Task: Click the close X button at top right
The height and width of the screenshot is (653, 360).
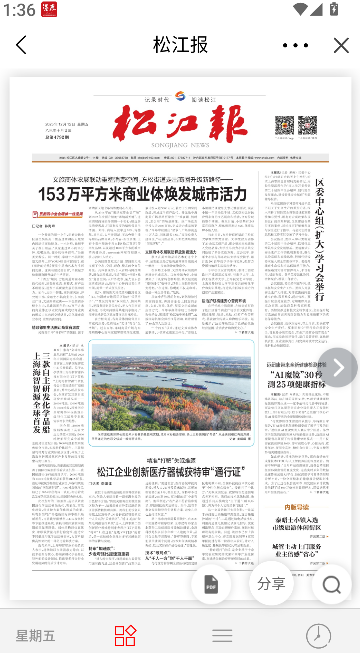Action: click(340, 45)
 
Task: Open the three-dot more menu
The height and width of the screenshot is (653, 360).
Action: click(296, 45)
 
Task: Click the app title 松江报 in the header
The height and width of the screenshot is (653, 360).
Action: click(180, 45)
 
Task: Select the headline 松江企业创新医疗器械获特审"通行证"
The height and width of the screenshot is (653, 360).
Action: click(172, 444)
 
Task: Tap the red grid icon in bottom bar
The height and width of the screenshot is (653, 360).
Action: click(125, 635)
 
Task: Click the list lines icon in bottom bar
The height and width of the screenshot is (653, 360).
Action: click(222, 635)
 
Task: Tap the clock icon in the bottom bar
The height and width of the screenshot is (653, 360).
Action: click(318, 635)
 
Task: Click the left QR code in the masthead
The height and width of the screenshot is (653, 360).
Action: click(283, 125)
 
